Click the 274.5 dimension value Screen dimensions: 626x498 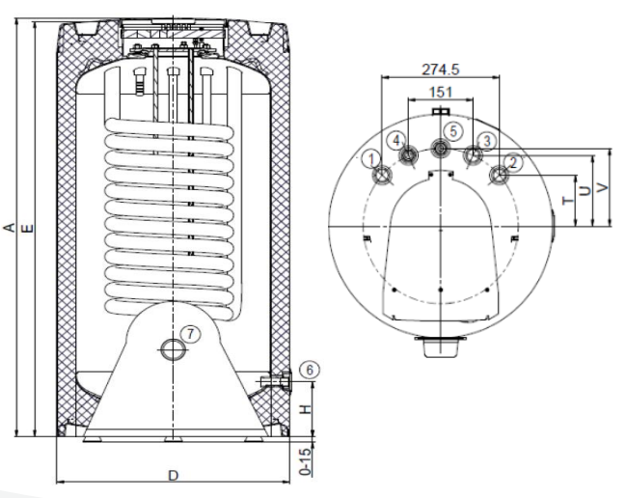click(x=441, y=69)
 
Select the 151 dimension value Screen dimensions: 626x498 click(x=441, y=93)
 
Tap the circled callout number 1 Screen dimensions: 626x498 click(x=372, y=159)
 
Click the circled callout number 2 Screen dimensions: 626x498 click(x=513, y=162)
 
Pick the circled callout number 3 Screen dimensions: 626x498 click(x=487, y=141)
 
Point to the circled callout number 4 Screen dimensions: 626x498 click(x=396, y=140)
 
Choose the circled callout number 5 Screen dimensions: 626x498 click(x=452, y=131)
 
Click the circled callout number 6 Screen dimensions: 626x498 click(x=310, y=371)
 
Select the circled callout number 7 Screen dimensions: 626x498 click(x=191, y=333)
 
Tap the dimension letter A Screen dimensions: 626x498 click(x=9, y=228)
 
